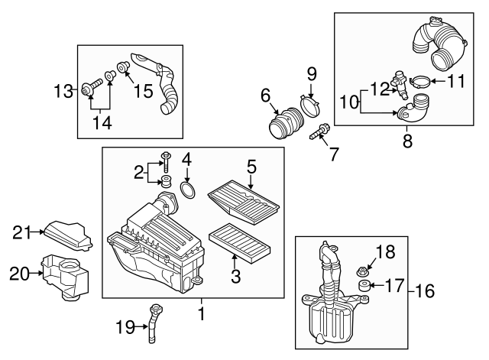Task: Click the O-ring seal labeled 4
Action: click(186, 187)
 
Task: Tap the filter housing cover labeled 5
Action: click(244, 193)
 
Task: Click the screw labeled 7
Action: click(319, 135)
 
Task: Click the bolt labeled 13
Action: click(89, 92)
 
